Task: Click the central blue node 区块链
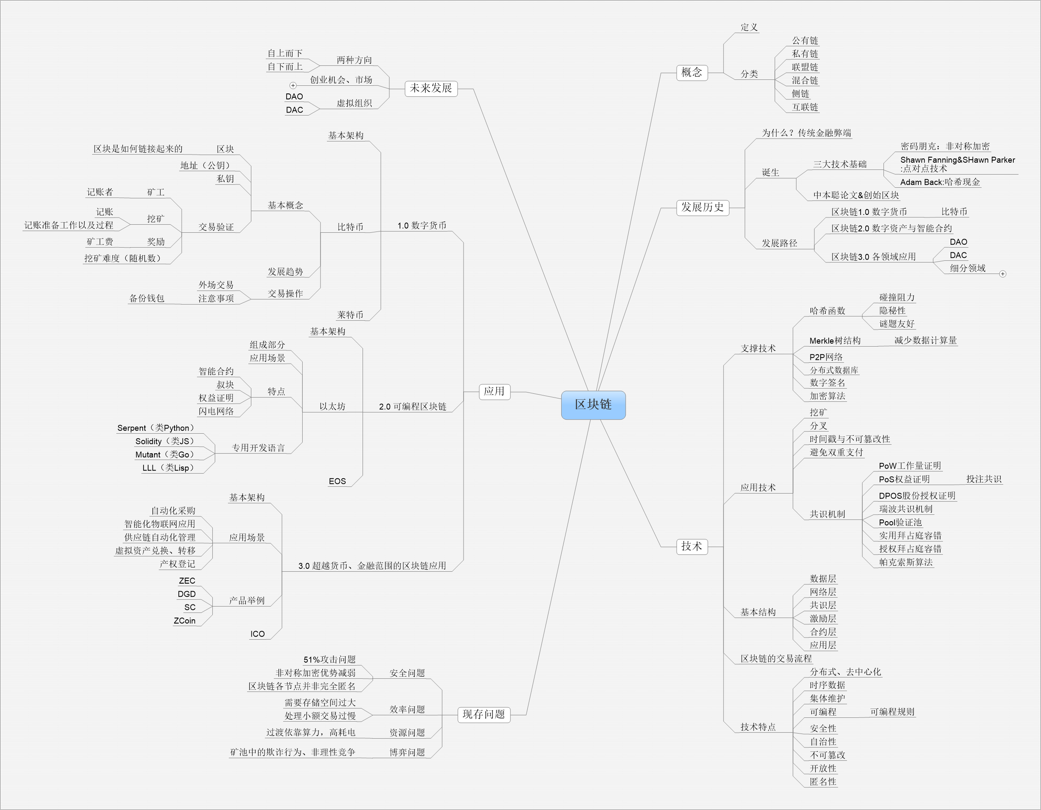pos(593,405)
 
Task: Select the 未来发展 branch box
pos(431,88)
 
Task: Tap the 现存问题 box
pos(484,714)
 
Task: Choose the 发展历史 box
pos(703,207)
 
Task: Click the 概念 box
pos(692,73)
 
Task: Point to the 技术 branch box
pos(692,546)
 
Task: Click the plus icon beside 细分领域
pos(1002,274)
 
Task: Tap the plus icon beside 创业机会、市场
pos(293,85)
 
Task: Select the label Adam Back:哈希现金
pos(940,182)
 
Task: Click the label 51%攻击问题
pos(329,660)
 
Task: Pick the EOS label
pos(337,482)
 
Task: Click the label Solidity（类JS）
pos(165,441)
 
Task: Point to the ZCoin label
pos(184,621)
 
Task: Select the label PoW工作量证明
pos(910,466)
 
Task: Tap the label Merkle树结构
pos(835,340)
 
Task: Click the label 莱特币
pos(350,315)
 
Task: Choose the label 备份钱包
pos(147,299)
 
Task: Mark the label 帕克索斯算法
pos(906,562)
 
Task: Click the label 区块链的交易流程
pos(776,659)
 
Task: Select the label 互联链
pos(805,107)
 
